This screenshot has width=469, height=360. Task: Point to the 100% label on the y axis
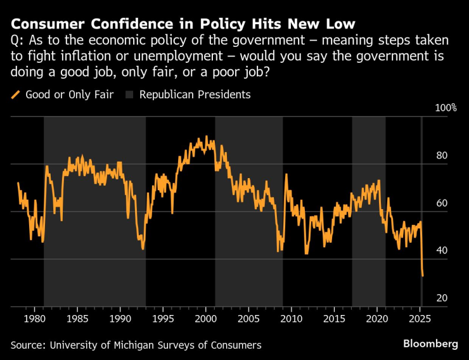(x=445, y=108)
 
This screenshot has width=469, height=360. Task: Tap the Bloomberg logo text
(x=430, y=344)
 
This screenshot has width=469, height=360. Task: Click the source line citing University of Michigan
(x=136, y=345)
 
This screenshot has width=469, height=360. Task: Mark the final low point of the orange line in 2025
(x=423, y=276)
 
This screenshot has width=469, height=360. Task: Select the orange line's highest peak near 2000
(x=206, y=136)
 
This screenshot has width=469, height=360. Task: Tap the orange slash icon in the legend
(x=16, y=95)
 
